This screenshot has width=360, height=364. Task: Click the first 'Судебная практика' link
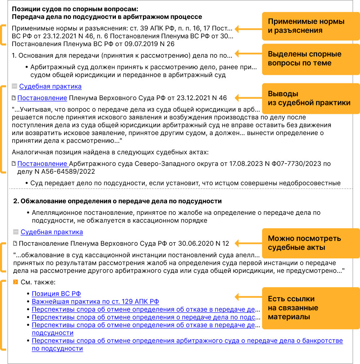pyautogui.click(x=50, y=86)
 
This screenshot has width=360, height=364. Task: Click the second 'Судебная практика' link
pyautogui.click(x=51, y=232)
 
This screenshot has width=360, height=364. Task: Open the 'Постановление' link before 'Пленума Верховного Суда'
pyautogui.click(x=42, y=98)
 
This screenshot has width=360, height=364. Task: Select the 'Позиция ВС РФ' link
pyautogui.click(x=56, y=294)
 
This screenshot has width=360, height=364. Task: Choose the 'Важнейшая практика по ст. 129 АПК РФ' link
pyautogui.click(x=95, y=301)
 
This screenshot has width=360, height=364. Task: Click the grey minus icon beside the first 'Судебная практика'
pyautogui.click(x=14, y=86)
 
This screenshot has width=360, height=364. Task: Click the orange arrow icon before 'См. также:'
pyautogui.click(x=15, y=282)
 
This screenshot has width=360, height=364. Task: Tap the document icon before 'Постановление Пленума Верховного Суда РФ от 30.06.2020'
pyautogui.click(x=15, y=244)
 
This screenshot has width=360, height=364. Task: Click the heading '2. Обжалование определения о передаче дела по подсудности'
pyautogui.click(x=117, y=201)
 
